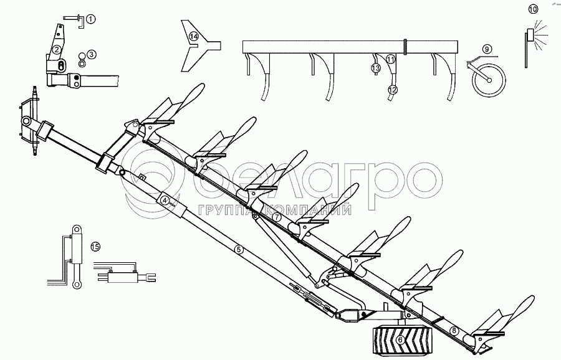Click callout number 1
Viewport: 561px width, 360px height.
tap(91, 19)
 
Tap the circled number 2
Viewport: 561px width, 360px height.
tap(56, 50)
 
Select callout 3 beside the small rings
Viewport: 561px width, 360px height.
tap(91, 54)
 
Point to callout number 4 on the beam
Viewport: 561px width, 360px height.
tap(165, 201)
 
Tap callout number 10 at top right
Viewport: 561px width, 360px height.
tap(532, 9)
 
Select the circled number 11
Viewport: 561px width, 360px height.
tap(390, 59)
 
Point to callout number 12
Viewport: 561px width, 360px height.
tap(391, 90)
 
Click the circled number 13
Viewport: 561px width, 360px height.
tap(376, 67)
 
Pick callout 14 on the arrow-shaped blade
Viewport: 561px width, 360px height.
tap(194, 37)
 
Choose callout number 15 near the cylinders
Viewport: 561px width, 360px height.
tap(95, 246)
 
